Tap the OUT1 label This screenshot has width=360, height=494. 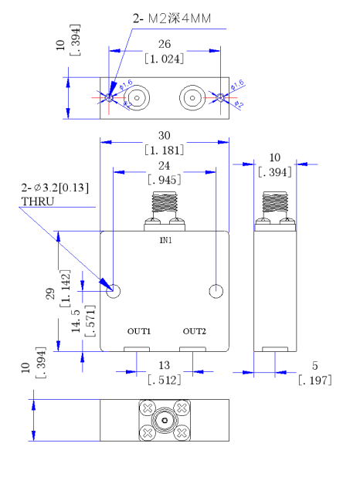139,331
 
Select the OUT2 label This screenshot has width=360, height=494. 195,331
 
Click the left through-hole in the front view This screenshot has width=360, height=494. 114,291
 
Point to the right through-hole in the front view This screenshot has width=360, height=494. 216,291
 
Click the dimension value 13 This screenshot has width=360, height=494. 165,364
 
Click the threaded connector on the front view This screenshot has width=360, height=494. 165,205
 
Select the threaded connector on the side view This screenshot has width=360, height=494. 276,205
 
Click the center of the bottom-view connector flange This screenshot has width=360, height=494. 165,421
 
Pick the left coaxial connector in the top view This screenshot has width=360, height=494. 138,98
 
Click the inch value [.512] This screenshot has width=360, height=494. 165,379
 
